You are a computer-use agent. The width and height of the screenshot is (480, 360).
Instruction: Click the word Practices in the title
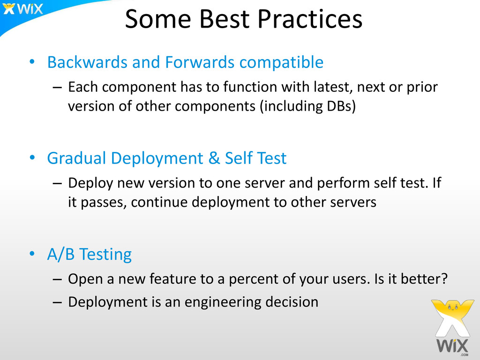pyautogui.click(x=310, y=19)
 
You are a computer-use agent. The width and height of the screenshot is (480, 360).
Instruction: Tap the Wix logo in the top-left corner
pyautogui.click(x=23, y=9)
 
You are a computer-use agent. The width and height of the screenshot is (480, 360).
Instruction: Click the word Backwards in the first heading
pyautogui.click(x=87, y=62)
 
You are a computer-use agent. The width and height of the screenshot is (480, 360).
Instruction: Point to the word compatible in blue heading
pyautogui.click(x=281, y=63)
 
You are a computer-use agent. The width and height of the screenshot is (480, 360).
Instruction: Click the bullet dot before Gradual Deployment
pyautogui.click(x=32, y=158)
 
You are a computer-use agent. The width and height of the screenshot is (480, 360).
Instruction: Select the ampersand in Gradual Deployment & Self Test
pyautogui.click(x=214, y=158)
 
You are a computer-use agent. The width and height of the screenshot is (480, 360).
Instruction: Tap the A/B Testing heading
pyautogui.click(x=90, y=255)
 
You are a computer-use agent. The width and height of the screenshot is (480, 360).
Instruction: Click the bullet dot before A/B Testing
pyautogui.click(x=32, y=254)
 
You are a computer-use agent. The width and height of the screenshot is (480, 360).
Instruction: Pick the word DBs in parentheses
pyautogui.click(x=339, y=106)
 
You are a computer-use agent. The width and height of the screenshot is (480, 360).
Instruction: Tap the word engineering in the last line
pyautogui.click(x=223, y=302)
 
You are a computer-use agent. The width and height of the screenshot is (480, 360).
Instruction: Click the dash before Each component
pyautogui.click(x=57, y=88)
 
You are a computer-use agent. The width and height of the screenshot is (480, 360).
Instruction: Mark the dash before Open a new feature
pyautogui.click(x=57, y=279)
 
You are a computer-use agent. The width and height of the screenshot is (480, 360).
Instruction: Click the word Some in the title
pyautogui.click(x=158, y=19)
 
